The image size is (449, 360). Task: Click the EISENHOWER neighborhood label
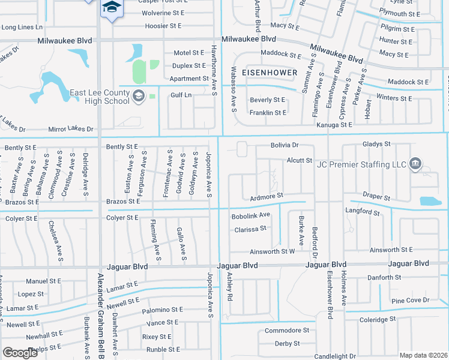(270, 72)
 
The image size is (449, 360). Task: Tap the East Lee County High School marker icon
(139, 96)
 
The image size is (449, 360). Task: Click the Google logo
(20, 353)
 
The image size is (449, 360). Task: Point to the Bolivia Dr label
(283, 145)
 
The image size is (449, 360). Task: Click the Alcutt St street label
(299, 160)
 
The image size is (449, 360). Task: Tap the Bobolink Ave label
(251, 215)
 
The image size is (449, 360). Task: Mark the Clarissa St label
(250, 229)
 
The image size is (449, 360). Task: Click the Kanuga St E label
(334, 125)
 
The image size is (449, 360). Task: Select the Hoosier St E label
(164, 26)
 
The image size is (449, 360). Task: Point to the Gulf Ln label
(180, 95)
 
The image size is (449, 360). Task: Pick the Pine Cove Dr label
(411, 300)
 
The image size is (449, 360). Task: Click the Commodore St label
(287, 331)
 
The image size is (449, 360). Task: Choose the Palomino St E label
(162, 310)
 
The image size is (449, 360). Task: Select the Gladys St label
(376, 144)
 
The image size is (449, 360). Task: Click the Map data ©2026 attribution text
(423, 355)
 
